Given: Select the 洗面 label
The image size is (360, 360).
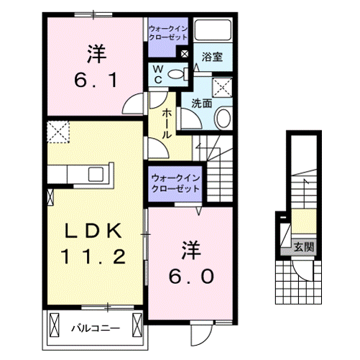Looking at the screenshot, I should click(201, 103).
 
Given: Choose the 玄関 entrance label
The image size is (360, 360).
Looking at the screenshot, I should click(303, 247).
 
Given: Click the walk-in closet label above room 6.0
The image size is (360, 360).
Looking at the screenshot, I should click(175, 183).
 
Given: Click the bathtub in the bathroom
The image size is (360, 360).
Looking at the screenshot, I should click(213, 31).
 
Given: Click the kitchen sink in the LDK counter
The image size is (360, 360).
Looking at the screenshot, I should click(95, 174).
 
